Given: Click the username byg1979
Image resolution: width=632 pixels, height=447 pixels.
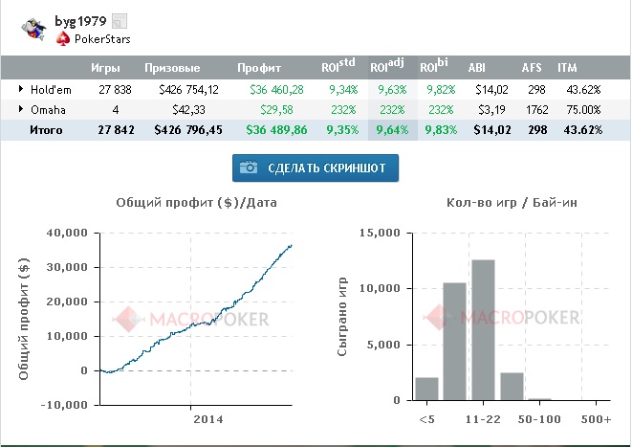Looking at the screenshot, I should [x=79, y=20].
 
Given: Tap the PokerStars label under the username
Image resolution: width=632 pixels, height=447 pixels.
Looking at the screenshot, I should [x=101, y=39].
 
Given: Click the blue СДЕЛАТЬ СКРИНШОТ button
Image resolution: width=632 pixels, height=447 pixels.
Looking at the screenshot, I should [x=316, y=168].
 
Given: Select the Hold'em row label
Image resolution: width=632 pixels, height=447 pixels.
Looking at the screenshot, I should [x=45, y=89].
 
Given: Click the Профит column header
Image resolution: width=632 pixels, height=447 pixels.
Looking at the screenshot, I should [x=259, y=69].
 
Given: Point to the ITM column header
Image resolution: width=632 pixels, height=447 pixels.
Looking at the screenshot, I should [x=567, y=69].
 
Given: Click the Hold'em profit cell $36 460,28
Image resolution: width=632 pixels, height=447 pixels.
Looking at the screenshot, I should [x=276, y=89].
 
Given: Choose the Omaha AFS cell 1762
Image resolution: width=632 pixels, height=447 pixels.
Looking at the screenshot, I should [x=534, y=109].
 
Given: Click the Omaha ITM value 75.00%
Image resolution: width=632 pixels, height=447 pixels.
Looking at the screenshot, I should [x=583, y=109].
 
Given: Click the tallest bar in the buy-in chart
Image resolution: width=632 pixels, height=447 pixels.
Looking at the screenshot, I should [x=483, y=329].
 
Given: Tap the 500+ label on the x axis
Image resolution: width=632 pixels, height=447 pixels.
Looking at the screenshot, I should [x=597, y=419].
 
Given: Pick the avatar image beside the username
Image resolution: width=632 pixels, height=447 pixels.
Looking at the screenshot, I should [x=33, y=29].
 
